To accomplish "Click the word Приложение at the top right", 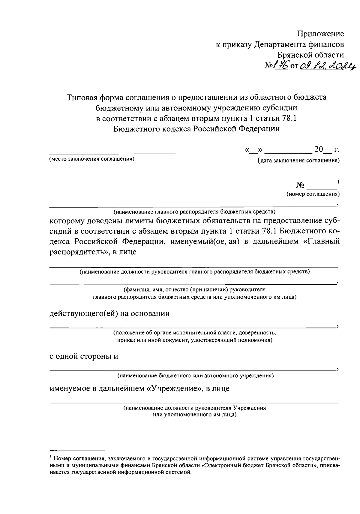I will coord(320,34).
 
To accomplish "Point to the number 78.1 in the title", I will coord(289,118).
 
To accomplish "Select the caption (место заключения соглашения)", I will coord(91,159).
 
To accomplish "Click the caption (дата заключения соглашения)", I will coord(298,161).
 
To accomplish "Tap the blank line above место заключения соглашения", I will coord(112,153).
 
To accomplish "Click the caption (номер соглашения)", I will coord(313,194).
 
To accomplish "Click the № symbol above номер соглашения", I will coord(301,185).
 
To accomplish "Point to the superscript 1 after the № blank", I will coord(338,182).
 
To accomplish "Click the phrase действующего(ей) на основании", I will coord(109,314).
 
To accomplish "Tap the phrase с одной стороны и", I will coord(84,356).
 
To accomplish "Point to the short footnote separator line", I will coord(94,451).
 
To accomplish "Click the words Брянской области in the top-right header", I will coord(310,55).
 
